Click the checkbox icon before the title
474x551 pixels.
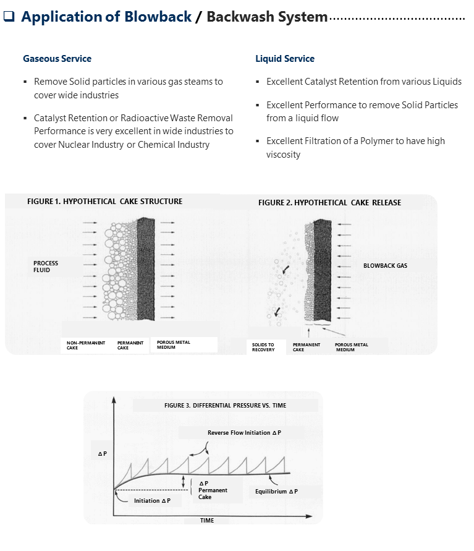click(x=10, y=17)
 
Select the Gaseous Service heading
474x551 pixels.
click(x=57, y=59)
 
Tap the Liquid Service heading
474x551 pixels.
click(x=285, y=59)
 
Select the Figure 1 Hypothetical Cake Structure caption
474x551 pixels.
click(x=104, y=202)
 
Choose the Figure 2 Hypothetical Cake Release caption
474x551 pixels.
click(x=329, y=203)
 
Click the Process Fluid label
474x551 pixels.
click(x=46, y=267)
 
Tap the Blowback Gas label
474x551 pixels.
click(x=385, y=266)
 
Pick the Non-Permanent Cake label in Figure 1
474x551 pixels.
click(x=86, y=345)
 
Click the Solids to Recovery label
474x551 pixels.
click(x=263, y=347)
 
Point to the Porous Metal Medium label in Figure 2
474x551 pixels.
click(x=351, y=347)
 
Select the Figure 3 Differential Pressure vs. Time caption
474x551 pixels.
click(x=225, y=406)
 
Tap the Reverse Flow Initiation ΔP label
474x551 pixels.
click(x=244, y=433)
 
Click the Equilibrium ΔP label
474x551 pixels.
click(x=276, y=492)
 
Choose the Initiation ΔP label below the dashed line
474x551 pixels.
click(x=152, y=500)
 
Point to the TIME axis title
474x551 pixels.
click(x=207, y=520)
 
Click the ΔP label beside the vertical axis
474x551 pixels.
click(x=103, y=454)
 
